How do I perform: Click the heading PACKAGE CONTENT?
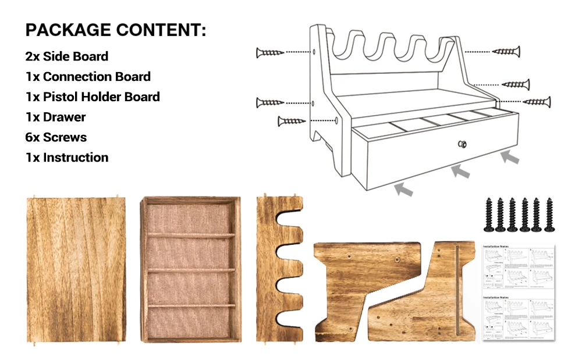coord(115,30)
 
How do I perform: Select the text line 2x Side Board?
coord(67,56)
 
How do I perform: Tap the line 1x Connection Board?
coord(88,77)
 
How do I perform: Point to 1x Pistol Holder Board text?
coord(93,97)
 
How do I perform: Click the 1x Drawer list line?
coord(56,117)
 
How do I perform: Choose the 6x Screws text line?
coord(56,137)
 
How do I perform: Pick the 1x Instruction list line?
coord(67,158)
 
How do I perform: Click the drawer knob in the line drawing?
coord(462,144)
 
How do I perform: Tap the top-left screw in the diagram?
coord(269,53)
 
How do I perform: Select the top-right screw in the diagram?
coord(506,52)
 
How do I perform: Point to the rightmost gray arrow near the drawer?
coord(510,155)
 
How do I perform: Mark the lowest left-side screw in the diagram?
coord(292,121)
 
